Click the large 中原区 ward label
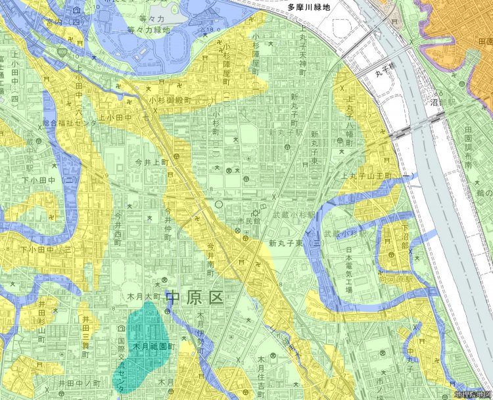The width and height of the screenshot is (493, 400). click(x=195, y=297)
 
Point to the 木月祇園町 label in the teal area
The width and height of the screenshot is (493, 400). click(x=153, y=346)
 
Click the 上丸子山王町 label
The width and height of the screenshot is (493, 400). click(x=371, y=177)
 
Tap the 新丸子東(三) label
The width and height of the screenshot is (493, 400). click(x=293, y=243)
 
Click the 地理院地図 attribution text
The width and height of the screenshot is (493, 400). click(x=472, y=394)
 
